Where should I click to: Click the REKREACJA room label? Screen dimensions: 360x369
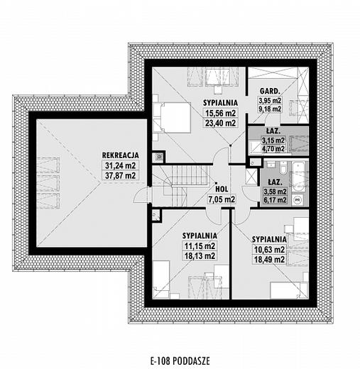(120, 155)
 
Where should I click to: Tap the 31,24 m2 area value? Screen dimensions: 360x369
(120, 165)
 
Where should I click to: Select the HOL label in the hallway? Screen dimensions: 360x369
(222, 189)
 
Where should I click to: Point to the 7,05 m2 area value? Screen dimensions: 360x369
(222, 199)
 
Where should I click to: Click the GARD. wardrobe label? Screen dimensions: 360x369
(270, 91)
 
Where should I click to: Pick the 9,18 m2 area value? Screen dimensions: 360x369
(270, 109)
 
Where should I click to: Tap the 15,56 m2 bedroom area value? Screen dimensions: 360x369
(221, 113)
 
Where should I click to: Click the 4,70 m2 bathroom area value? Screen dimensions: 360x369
(273, 149)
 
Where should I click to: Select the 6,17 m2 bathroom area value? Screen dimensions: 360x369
(275, 200)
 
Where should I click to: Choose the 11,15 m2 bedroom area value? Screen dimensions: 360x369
(200, 246)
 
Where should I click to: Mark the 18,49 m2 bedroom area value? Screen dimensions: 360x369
(269, 260)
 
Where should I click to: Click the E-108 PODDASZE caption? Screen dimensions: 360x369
(180, 361)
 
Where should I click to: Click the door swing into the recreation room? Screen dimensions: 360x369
(141, 194)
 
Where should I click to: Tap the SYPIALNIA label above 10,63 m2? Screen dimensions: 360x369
(269, 239)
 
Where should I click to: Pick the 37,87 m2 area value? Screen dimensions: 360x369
(120, 175)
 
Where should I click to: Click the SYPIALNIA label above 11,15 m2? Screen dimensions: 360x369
(200, 236)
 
